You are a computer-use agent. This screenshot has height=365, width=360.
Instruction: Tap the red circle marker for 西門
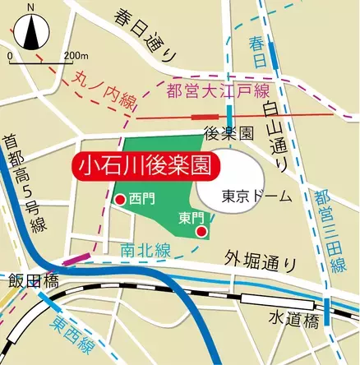[x=121, y=199]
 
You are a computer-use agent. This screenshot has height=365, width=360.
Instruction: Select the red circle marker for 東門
[x=201, y=233]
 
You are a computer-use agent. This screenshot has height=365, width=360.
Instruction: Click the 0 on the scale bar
[x=9, y=55]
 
